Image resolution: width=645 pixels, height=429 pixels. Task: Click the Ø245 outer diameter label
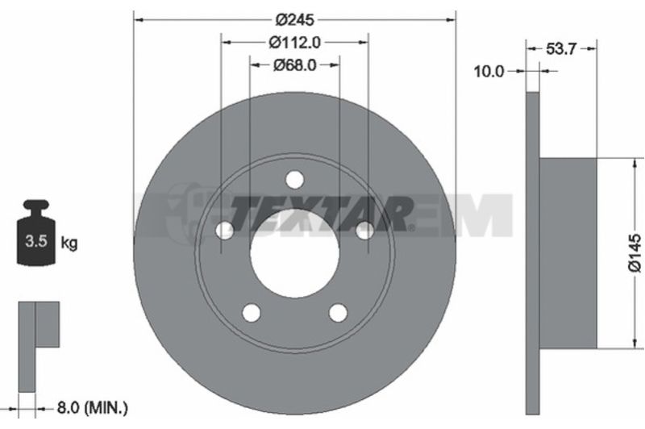coord(294,19)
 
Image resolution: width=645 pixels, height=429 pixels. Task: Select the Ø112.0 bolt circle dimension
coord(294,43)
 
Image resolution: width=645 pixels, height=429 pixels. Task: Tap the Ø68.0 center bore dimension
coord(294,65)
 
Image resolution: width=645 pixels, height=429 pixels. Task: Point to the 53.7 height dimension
coord(561,49)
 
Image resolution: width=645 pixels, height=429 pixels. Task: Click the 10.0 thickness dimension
coord(489,72)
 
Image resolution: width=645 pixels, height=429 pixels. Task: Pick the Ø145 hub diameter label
coord(635,253)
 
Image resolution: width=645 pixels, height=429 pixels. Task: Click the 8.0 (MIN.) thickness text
coord(92,408)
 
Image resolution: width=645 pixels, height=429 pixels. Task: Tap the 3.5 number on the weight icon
coord(36,241)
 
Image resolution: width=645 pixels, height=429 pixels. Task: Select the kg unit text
coord(69,243)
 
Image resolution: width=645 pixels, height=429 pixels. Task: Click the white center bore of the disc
coord(294,252)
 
